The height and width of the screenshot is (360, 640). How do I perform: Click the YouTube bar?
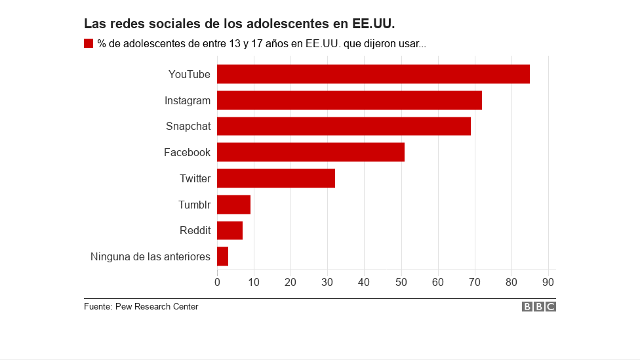(x=373, y=74)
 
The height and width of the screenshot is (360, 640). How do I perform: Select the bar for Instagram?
(x=349, y=100)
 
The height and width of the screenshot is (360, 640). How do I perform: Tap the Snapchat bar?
(x=344, y=126)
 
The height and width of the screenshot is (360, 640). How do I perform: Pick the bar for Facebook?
(x=310, y=152)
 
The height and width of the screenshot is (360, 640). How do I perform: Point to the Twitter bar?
(x=275, y=178)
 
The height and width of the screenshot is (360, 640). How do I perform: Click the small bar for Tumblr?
(x=233, y=205)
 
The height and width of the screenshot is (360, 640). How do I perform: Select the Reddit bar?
(x=230, y=231)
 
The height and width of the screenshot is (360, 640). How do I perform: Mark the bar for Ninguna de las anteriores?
(x=222, y=256)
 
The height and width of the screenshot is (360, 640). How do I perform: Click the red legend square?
(x=89, y=43)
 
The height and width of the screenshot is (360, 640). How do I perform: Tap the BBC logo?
(x=538, y=307)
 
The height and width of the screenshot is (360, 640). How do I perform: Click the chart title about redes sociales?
(x=239, y=24)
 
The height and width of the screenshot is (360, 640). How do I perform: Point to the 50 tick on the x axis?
(x=401, y=282)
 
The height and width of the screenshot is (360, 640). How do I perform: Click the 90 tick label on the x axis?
(x=548, y=282)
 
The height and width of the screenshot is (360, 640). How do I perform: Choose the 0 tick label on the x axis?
(x=217, y=282)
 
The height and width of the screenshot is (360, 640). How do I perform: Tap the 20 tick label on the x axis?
(x=290, y=282)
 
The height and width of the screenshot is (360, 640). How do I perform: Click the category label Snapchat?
(x=188, y=126)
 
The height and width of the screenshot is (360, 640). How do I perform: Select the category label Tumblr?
(x=194, y=205)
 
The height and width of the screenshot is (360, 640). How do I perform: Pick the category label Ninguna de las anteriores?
(x=150, y=256)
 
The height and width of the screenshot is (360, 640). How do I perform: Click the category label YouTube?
(x=189, y=74)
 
